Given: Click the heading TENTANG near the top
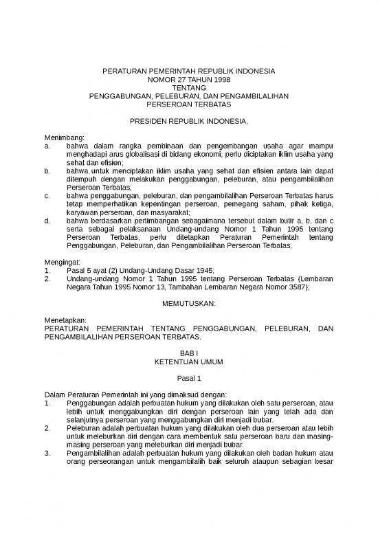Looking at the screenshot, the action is click(x=189, y=88).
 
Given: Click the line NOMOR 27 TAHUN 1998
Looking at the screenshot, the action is click(x=189, y=80).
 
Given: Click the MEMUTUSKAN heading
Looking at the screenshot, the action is click(x=189, y=303).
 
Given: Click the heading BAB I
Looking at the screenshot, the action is click(x=189, y=353).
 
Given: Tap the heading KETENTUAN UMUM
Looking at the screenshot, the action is click(x=189, y=361).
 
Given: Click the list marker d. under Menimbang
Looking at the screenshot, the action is click(x=47, y=221).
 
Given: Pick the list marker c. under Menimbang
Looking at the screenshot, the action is click(x=47, y=196).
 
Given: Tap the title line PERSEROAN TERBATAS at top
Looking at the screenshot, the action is click(x=189, y=104).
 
